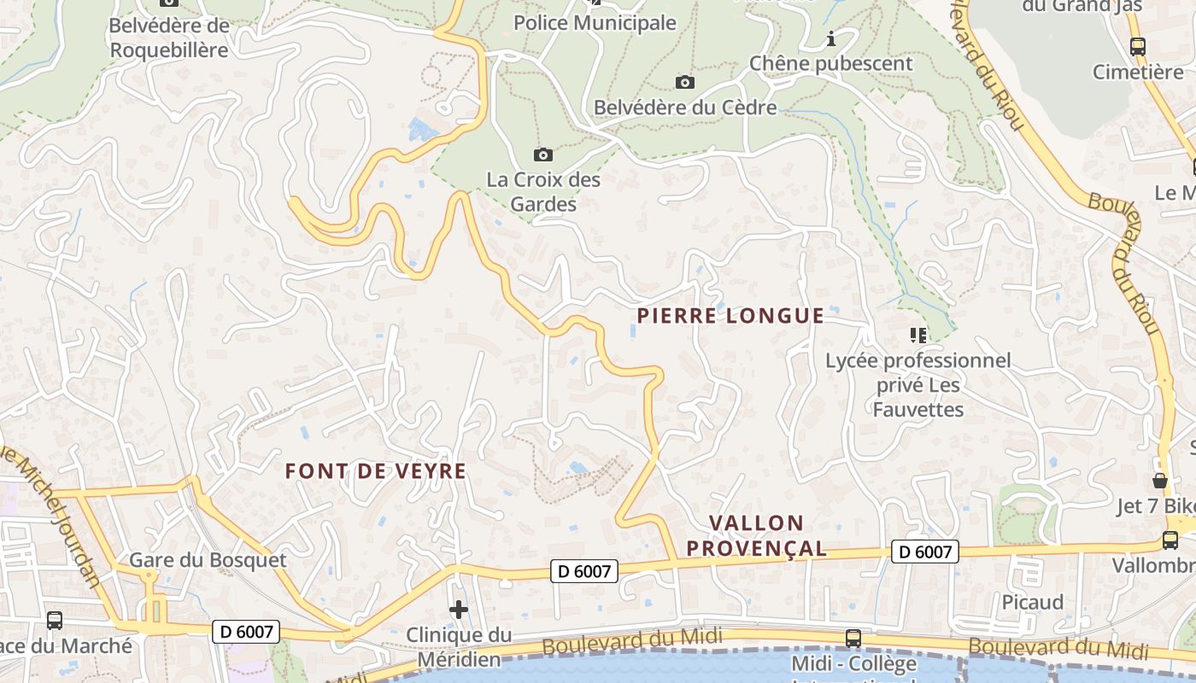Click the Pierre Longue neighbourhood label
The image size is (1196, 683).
pyautogui.click(x=730, y=316)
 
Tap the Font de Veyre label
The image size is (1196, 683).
pyautogui.click(x=376, y=470)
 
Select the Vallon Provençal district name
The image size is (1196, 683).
pyautogui.click(x=756, y=535)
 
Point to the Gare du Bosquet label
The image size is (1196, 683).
pyautogui.click(x=208, y=560)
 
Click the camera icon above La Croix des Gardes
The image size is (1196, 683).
pyautogui.click(x=542, y=155)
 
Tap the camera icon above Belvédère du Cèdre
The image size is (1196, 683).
pyautogui.click(x=684, y=82)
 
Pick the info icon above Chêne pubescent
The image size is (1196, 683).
pyautogui.click(x=831, y=39)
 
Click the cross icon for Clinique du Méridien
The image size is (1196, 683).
pyautogui.click(x=459, y=610)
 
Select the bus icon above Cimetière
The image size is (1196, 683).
pyautogui.click(x=1138, y=47)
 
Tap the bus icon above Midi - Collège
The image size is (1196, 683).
pyautogui.click(x=853, y=638)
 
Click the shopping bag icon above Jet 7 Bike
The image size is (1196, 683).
pyautogui.click(x=1160, y=481)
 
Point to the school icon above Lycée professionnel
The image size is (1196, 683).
pyautogui.click(x=918, y=336)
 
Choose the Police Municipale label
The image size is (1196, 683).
pyautogui.click(x=595, y=23)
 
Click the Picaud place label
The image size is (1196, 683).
pyautogui.click(x=1033, y=602)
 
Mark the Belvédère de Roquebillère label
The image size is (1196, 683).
pyautogui.click(x=169, y=38)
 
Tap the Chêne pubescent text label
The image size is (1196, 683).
pyautogui.click(x=830, y=63)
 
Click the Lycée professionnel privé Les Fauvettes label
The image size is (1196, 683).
pyautogui.click(x=918, y=385)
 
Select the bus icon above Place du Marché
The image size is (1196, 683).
pyautogui.click(x=55, y=621)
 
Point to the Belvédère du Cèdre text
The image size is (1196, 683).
pyautogui.click(x=685, y=108)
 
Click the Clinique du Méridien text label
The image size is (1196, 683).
pyautogui.click(x=459, y=647)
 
